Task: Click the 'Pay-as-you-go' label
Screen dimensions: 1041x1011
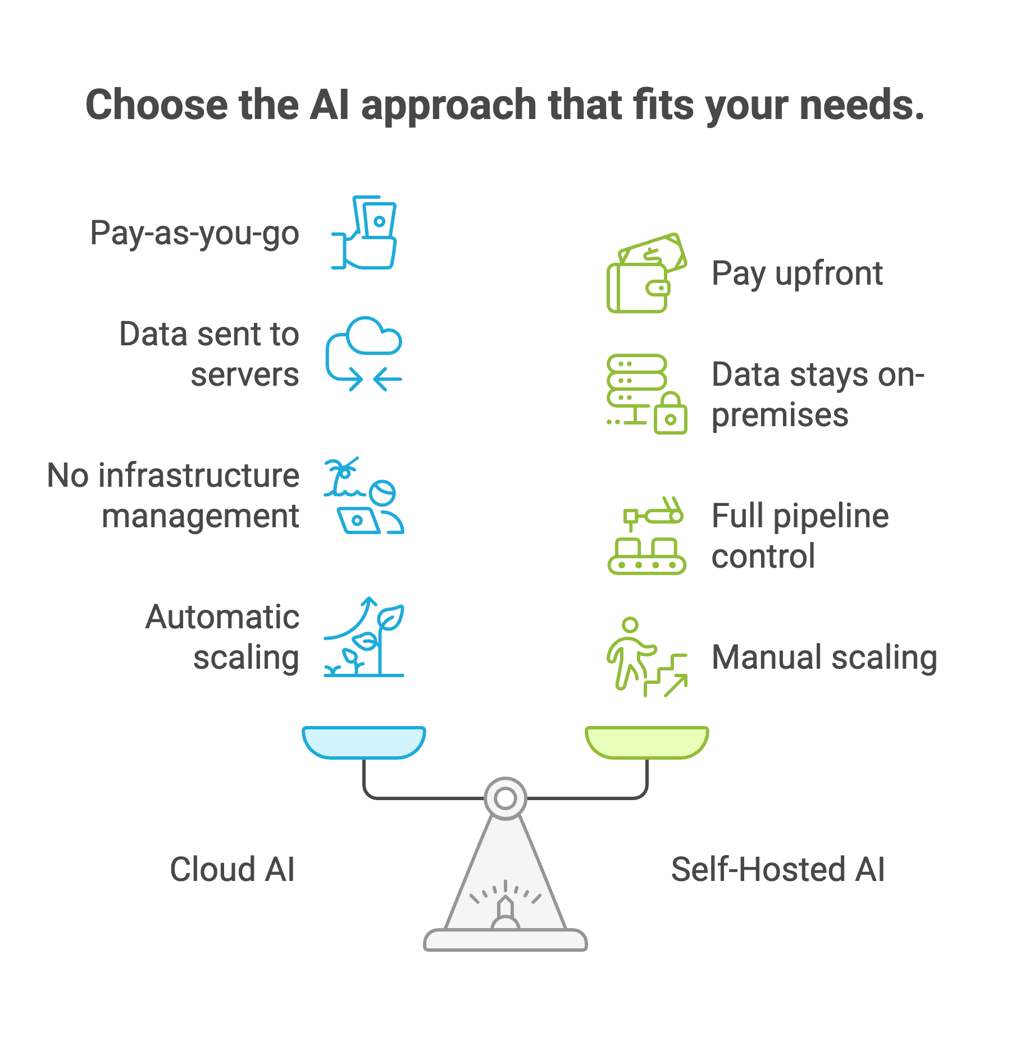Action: (x=194, y=233)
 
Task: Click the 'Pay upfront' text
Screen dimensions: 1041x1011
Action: (x=796, y=274)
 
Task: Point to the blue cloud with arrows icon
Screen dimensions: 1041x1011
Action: (x=364, y=354)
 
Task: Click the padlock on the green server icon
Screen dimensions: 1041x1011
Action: (x=670, y=414)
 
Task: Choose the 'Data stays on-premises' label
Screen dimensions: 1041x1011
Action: (x=817, y=394)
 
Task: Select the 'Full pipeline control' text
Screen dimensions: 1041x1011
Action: (x=800, y=536)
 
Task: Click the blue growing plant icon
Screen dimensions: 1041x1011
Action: (x=364, y=637)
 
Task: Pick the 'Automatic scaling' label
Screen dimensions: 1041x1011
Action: (x=222, y=637)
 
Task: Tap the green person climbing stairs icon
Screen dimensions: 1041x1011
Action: (x=646, y=657)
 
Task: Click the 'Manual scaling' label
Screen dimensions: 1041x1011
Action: (x=824, y=657)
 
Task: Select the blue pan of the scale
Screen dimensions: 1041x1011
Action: (x=364, y=741)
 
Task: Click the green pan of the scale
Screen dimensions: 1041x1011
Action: (x=647, y=741)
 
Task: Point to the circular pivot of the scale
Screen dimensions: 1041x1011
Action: (x=505, y=798)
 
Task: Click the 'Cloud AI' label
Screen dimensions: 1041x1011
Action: (x=232, y=869)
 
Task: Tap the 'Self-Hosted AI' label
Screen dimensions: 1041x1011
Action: (x=778, y=869)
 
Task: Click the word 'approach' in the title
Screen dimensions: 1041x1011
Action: (x=449, y=106)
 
